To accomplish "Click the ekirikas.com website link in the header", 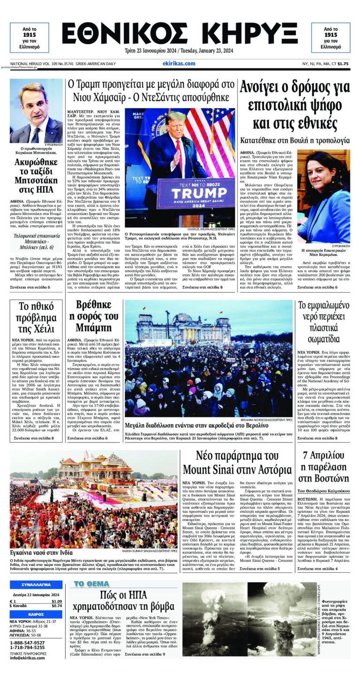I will tap(179, 63).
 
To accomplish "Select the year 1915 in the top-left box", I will tap(29, 35).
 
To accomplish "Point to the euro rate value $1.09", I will tap(56, 601).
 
